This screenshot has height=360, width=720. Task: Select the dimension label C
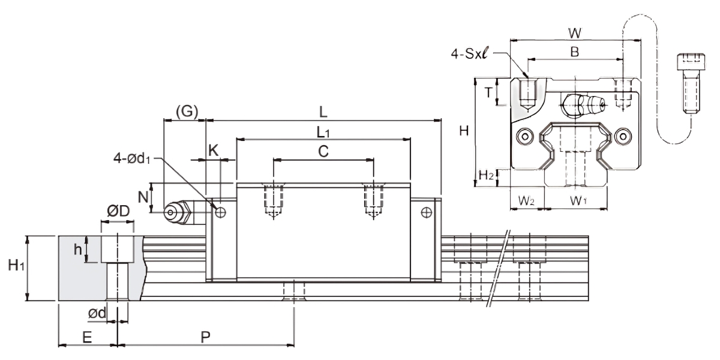pyautogui.click(x=323, y=152)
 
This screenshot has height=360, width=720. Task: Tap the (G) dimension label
pyautogui.click(x=184, y=112)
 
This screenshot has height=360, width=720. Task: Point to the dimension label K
pyautogui.click(x=213, y=151)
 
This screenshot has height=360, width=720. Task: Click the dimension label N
pyautogui.click(x=142, y=196)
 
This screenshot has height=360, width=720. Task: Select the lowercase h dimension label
pyautogui.click(x=78, y=249)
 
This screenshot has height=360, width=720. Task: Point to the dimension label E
pyautogui.click(x=87, y=338)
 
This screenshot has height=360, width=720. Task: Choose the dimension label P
pyautogui.click(x=205, y=338)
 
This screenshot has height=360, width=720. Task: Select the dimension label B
pyautogui.click(x=574, y=52)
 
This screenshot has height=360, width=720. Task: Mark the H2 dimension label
pyautogui.click(x=487, y=176)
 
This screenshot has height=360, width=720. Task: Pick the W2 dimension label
pyautogui.click(x=527, y=201)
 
